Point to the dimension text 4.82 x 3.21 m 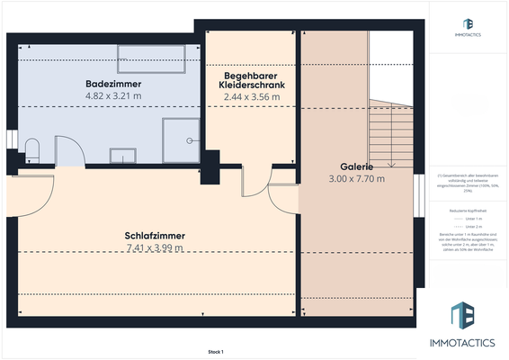point(113,94)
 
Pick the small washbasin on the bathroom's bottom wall point(122,156)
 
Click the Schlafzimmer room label point(155,236)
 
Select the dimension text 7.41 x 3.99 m point(155,247)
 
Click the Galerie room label point(357,167)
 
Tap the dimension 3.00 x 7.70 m point(357,179)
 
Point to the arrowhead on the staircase point(392,165)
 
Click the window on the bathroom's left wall point(10,141)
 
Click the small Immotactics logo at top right point(467,27)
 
